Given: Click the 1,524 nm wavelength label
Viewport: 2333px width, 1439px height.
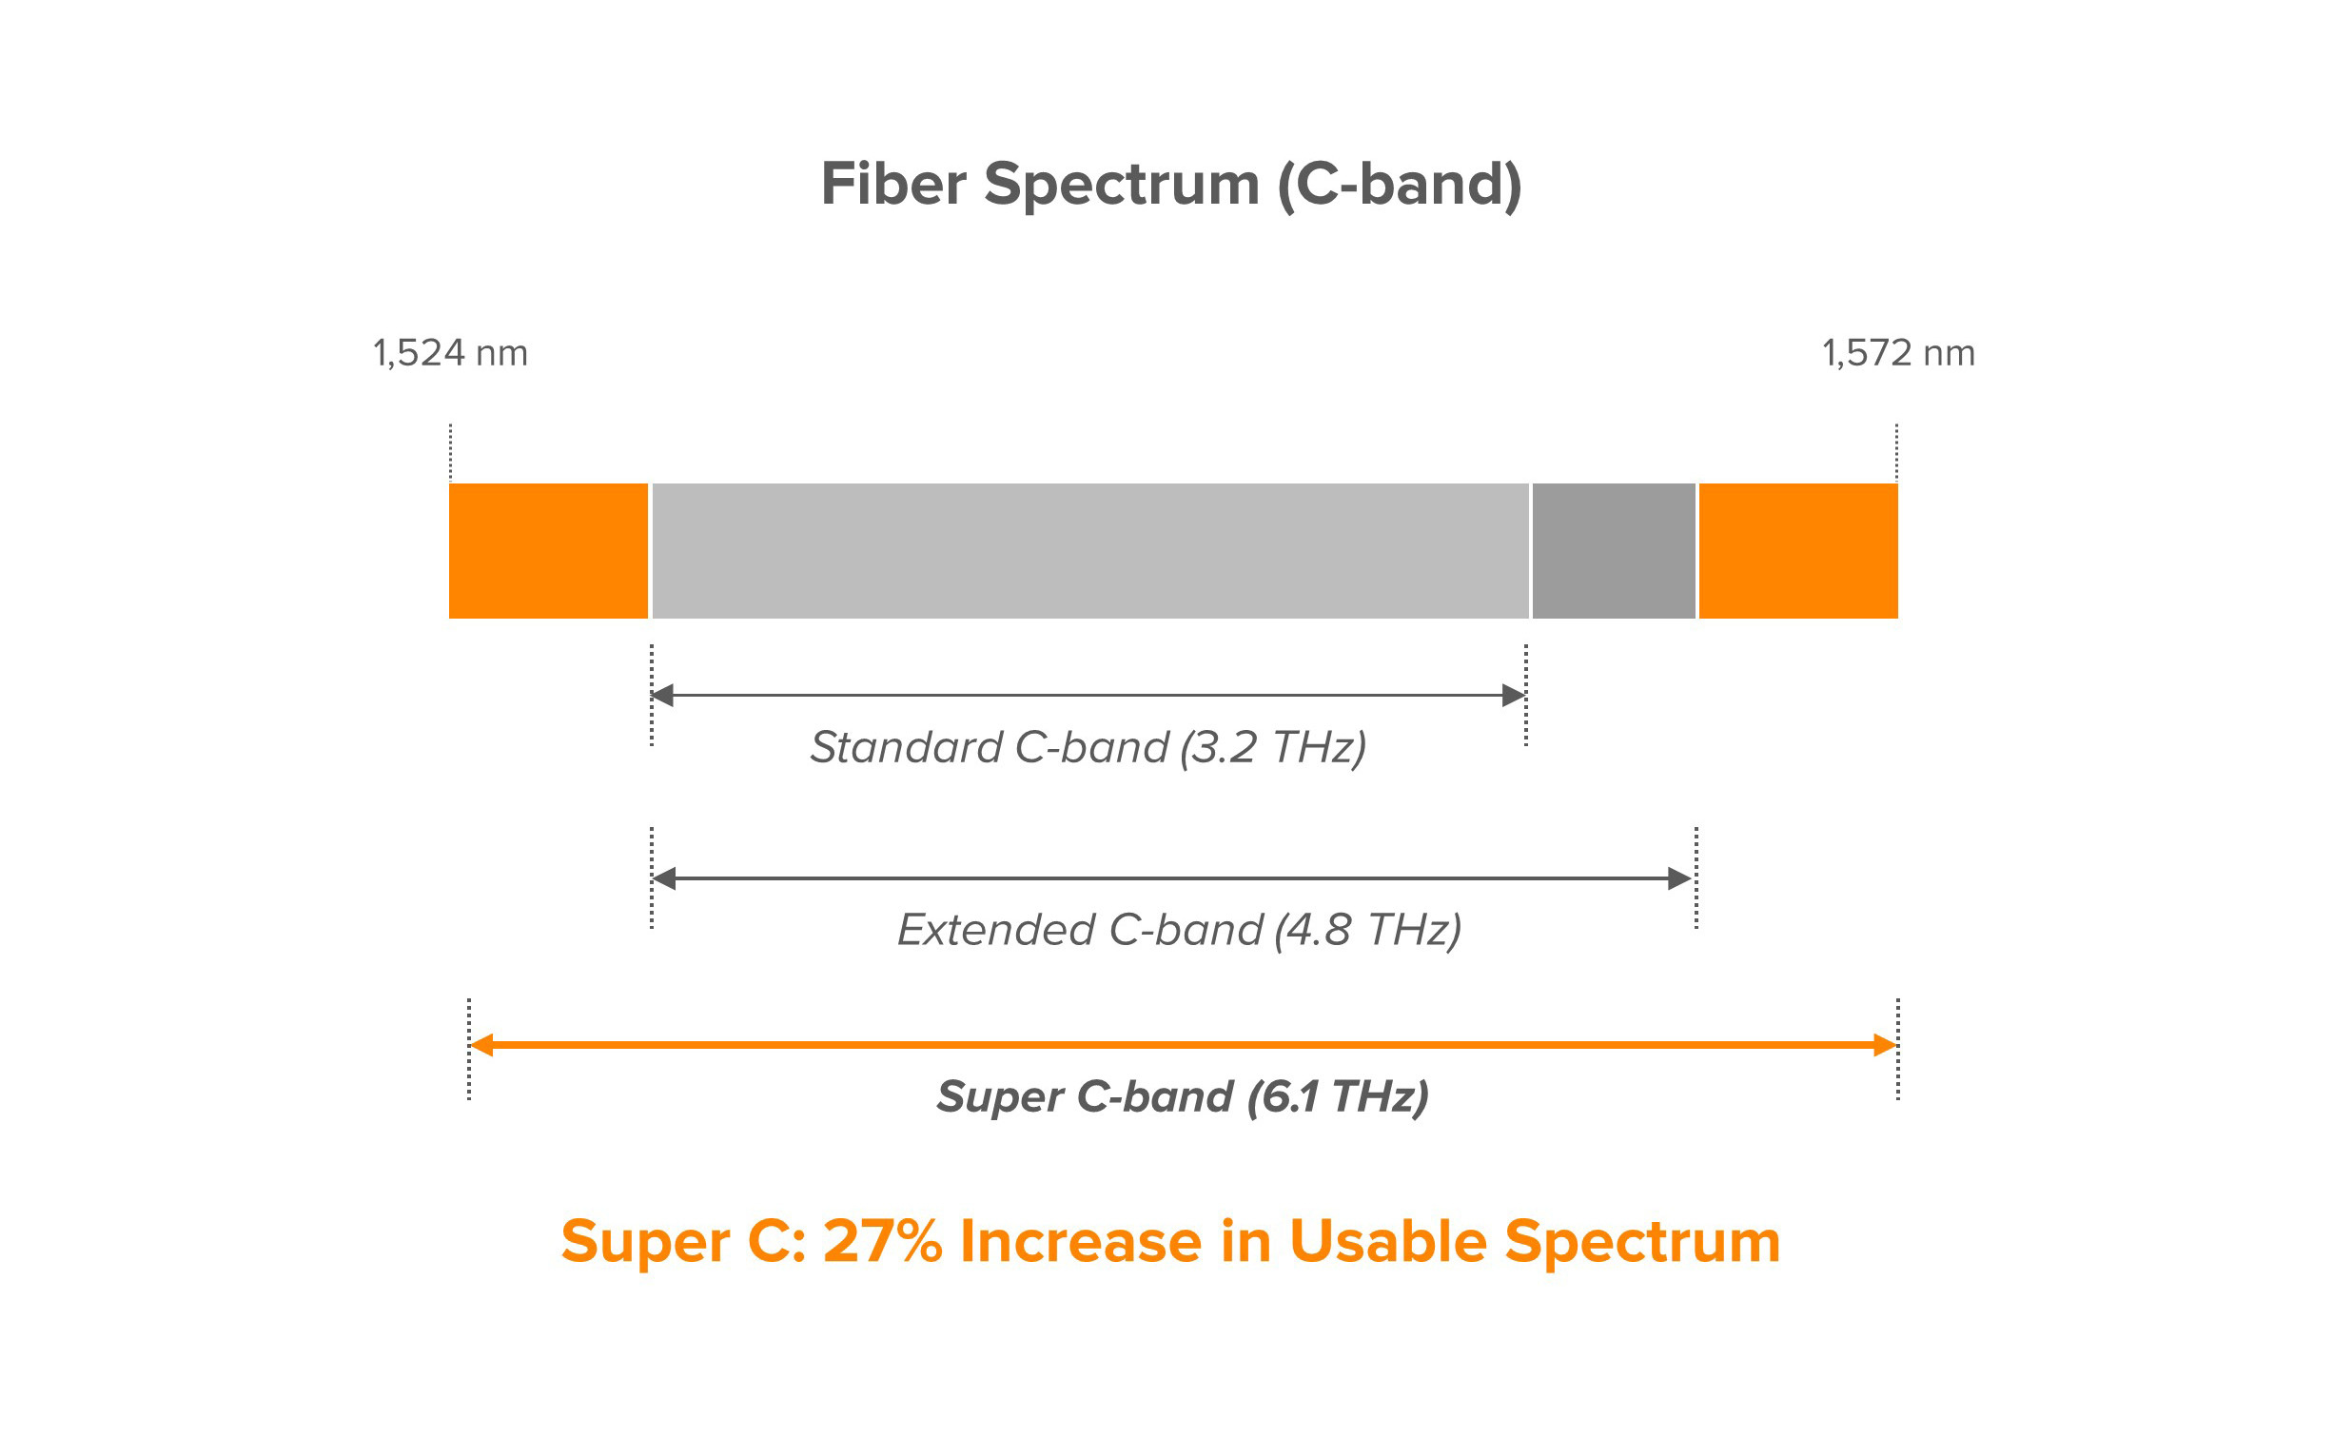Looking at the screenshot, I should pyautogui.click(x=450, y=353).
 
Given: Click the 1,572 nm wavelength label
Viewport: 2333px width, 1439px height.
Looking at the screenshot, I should pyautogui.click(x=1898, y=353).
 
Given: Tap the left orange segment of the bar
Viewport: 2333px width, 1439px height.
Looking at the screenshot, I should pyautogui.click(x=548, y=551).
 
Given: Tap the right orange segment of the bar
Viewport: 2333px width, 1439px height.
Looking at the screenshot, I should pyautogui.click(x=1797, y=551).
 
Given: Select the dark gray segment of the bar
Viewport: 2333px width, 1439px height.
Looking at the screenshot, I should pyautogui.click(x=1614, y=551).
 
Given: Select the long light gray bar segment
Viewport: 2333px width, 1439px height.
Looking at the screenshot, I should pyautogui.click(x=1089, y=551).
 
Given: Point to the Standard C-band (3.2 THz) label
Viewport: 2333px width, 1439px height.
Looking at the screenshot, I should pyautogui.click(x=1088, y=747).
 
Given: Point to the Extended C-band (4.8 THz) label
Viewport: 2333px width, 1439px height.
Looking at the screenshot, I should pyautogui.click(x=1179, y=930).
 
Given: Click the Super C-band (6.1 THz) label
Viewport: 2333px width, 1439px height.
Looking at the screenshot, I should pyautogui.click(x=1183, y=1096).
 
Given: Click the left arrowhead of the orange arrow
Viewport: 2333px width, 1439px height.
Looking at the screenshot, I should pyautogui.click(x=481, y=1045).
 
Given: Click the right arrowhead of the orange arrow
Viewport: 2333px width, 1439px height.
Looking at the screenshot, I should pyautogui.click(x=1885, y=1045).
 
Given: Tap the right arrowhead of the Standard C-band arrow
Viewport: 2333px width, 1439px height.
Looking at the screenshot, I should pyautogui.click(x=1514, y=696).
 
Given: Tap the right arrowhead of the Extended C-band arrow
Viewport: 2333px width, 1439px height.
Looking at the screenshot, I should pyautogui.click(x=1680, y=878).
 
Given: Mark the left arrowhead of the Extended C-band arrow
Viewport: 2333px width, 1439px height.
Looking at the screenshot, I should pyautogui.click(x=664, y=878).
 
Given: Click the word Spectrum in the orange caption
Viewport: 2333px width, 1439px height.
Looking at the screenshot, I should pyautogui.click(x=1642, y=1243).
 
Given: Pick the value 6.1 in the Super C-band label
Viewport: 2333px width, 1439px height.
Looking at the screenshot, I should pyautogui.click(x=1290, y=1096).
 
